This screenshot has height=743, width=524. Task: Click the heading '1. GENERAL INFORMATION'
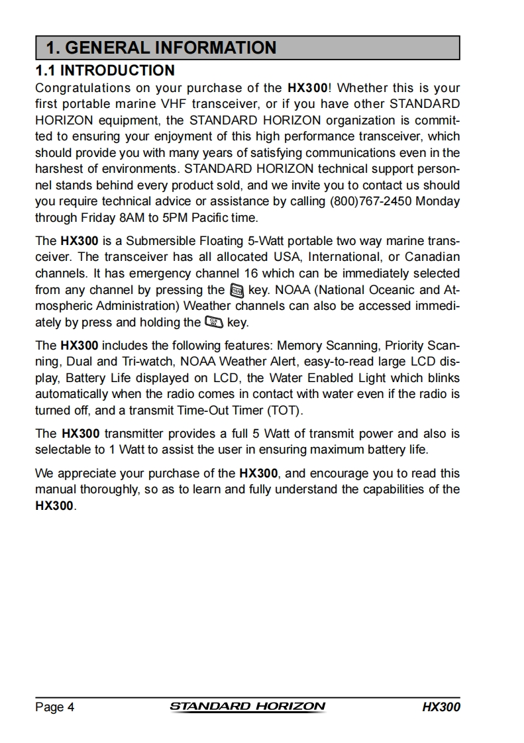pyautogui.click(x=161, y=48)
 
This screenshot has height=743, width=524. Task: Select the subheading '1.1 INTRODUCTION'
pyautogui.click(x=105, y=70)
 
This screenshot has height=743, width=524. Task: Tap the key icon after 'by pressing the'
pyautogui.click(x=236, y=290)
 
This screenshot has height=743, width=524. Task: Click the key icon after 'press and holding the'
pyautogui.click(x=214, y=322)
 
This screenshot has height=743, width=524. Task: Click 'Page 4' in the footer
pyautogui.click(x=54, y=707)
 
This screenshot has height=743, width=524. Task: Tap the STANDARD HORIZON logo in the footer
pyautogui.click(x=248, y=707)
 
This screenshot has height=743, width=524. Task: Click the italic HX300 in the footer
pyautogui.click(x=441, y=707)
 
